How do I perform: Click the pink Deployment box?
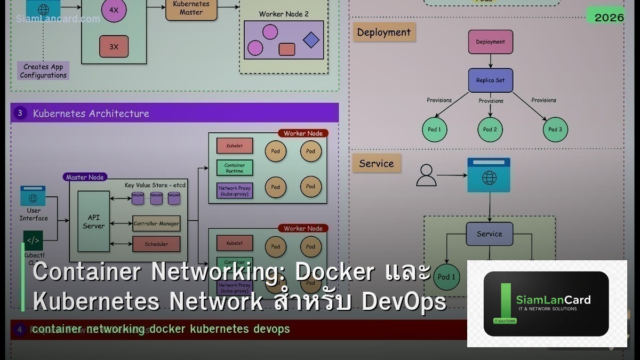pos(490,42)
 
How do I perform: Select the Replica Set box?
pos(490,81)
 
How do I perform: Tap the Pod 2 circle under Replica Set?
pos(490,130)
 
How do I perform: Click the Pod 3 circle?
pos(555,130)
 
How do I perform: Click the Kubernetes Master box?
pos(191,8)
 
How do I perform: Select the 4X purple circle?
pos(114,10)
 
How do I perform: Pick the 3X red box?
pos(114,46)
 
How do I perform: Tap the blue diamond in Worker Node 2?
pos(311,40)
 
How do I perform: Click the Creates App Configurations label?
pos(43,71)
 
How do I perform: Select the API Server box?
pos(93,221)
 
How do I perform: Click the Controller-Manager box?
pos(156,223)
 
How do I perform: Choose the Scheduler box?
pos(156,244)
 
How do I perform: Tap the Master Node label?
pos(85,177)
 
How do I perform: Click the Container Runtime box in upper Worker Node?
pos(234,168)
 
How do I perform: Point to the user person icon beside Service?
pos(426,175)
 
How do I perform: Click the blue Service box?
pos(489,234)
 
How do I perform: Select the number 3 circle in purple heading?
pos(20,113)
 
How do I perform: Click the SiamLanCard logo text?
pos(553,300)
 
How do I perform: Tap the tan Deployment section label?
pos(383,32)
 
